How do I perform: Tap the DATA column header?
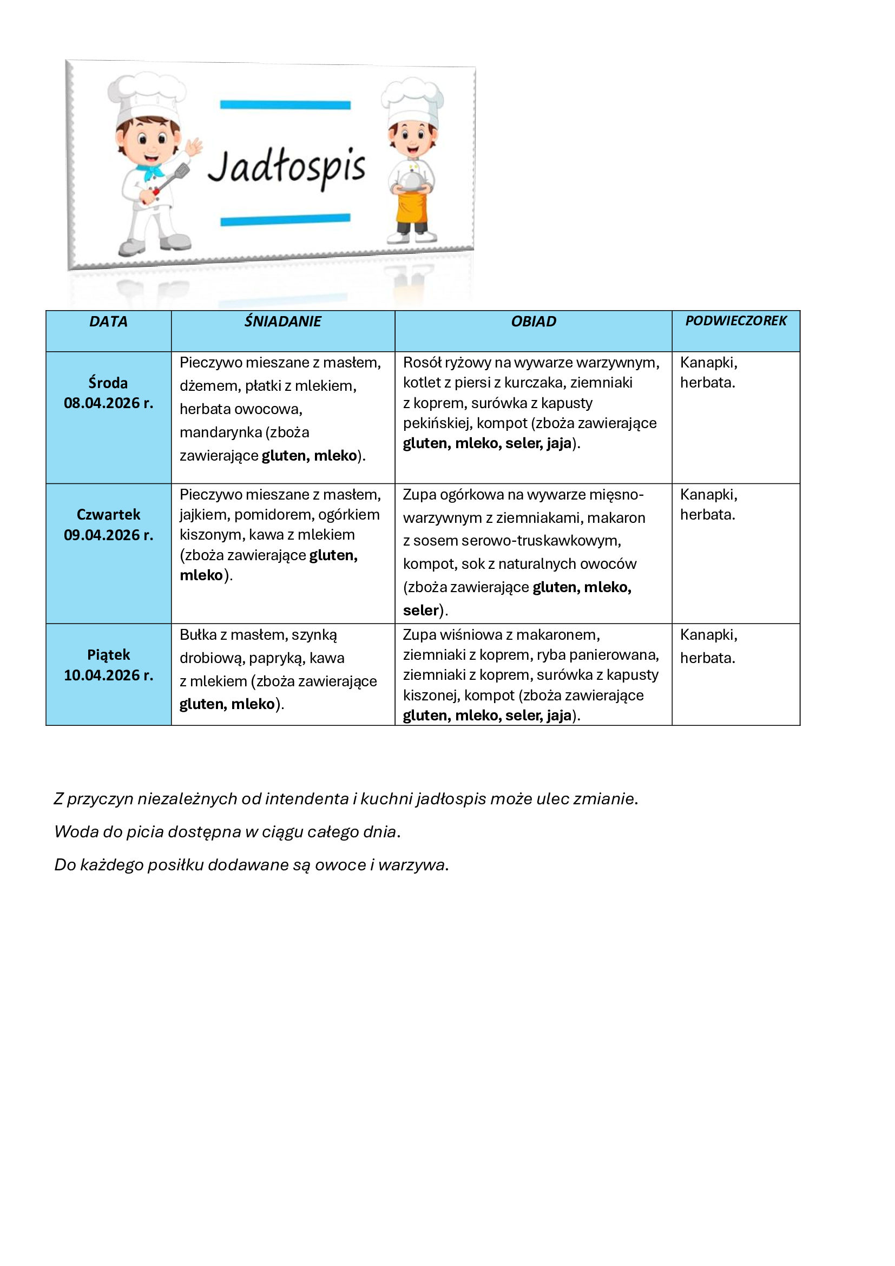click(108, 322)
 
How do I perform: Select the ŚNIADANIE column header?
click(282, 322)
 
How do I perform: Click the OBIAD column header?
click(534, 322)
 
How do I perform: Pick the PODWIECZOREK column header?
click(736, 321)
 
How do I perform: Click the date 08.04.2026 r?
click(108, 403)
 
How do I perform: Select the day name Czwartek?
click(108, 514)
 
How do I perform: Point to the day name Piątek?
click(108, 654)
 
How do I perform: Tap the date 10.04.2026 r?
click(108, 675)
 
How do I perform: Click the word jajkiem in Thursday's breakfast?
click(205, 514)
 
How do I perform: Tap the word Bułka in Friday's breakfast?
click(198, 635)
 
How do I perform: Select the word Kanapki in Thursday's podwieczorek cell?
click(708, 495)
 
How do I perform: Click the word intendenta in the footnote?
click(307, 798)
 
